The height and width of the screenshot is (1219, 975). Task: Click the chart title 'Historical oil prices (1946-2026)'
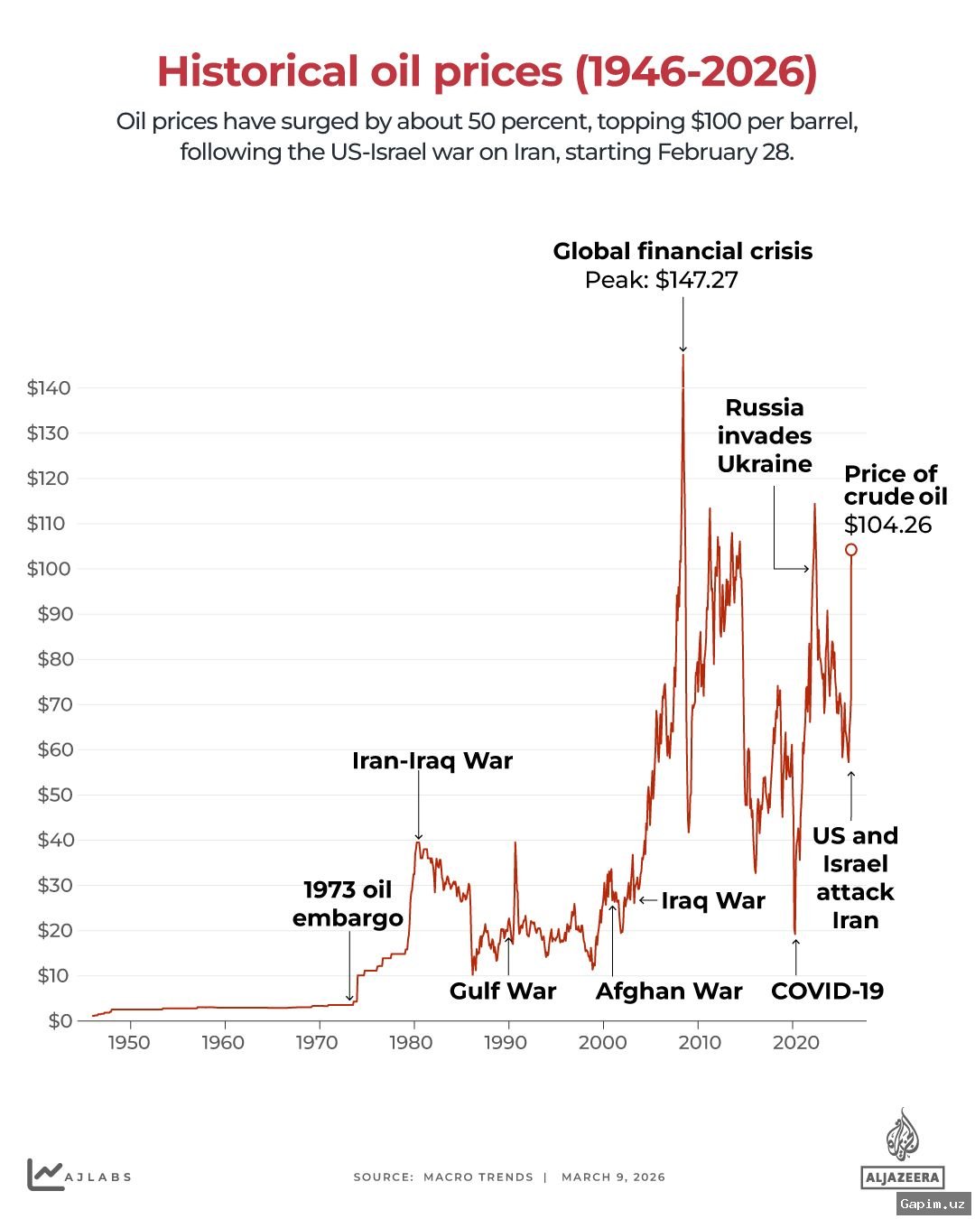tap(487, 72)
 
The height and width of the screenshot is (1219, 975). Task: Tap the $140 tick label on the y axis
tap(48, 388)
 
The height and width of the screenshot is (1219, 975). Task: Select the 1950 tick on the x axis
tap(129, 1042)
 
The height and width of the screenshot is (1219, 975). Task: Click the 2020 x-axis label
tap(795, 1042)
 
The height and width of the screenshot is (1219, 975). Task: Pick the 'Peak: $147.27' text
tap(661, 280)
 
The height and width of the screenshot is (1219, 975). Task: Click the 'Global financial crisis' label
tap(682, 251)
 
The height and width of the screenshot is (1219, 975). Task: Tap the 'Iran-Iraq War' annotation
tap(432, 761)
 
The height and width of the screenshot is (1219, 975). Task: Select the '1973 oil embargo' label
tap(348, 904)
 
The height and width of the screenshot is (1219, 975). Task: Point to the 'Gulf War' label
tap(503, 991)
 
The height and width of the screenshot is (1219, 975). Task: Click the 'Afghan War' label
tap(668, 991)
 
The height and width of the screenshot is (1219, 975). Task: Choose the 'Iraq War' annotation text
tap(712, 901)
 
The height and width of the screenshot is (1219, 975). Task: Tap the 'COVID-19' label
tap(827, 991)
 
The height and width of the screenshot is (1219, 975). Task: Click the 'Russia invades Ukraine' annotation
tap(765, 436)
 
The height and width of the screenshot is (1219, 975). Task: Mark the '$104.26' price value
tap(887, 526)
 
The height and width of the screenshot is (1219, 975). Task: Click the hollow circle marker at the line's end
tap(850, 550)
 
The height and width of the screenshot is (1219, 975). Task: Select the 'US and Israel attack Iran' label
tap(855, 878)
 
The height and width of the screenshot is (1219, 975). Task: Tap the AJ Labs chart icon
tap(44, 1175)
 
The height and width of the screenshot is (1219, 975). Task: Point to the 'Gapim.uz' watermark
tap(933, 1204)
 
